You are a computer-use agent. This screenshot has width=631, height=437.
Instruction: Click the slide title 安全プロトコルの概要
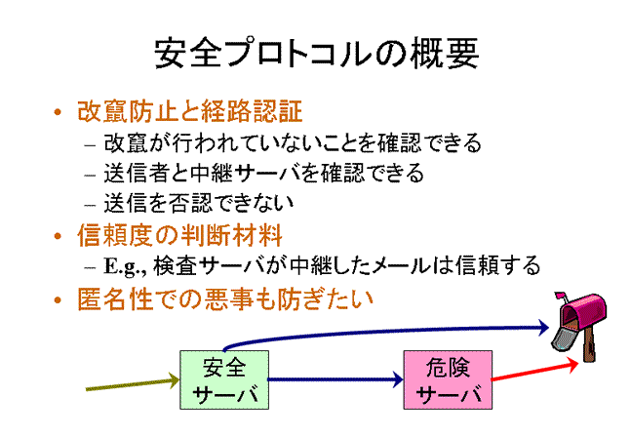(x=317, y=53)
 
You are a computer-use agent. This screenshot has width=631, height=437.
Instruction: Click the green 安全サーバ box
(x=224, y=379)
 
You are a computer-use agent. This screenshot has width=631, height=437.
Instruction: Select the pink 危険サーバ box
(x=448, y=379)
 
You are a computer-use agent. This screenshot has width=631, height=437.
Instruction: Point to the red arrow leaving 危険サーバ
(x=535, y=371)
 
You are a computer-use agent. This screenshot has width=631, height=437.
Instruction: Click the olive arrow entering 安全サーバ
(x=133, y=383)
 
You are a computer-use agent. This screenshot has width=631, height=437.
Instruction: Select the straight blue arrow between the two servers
(x=335, y=379)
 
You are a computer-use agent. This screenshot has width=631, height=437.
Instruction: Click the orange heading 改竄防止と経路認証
(x=189, y=111)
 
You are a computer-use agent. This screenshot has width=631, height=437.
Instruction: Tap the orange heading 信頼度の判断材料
(x=179, y=236)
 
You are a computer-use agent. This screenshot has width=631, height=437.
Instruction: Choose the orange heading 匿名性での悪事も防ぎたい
(x=225, y=299)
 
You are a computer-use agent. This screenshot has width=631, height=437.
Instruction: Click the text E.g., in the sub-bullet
(x=127, y=266)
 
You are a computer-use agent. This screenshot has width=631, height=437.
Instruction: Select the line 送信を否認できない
(x=199, y=203)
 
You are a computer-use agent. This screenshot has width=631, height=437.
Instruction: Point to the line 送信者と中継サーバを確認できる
(x=264, y=173)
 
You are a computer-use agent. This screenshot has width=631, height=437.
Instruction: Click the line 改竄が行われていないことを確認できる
(x=293, y=142)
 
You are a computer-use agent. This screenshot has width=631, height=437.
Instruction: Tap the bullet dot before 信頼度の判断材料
(x=58, y=236)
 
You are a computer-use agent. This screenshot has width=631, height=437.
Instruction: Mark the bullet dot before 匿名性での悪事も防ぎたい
(x=58, y=299)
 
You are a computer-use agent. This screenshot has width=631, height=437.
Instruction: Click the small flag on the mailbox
(x=561, y=297)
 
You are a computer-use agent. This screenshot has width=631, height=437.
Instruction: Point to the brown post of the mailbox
(x=589, y=344)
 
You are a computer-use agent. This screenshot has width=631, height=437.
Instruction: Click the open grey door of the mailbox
(x=562, y=338)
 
